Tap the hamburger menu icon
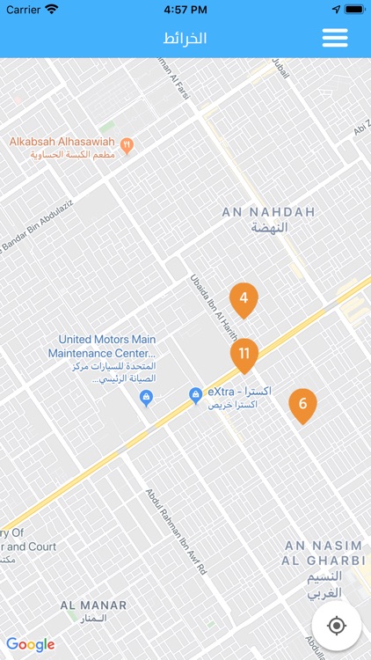pyautogui.click(x=335, y=38)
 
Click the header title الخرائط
pyautogui.click(x=185, y=39)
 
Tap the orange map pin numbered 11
pyautogui.click(x=244, y=354)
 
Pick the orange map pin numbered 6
pyautogui.click(x=302, y=404)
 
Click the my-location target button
pyautogui.click(x=336, y=626)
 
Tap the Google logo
pyautogui.click(x=31, y=644)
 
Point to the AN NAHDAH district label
pyautogui.click(x=268, y=219)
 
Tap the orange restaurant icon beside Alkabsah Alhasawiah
pyautogui.click(x=127, y=145)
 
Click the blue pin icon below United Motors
pyautogui.click(x=147, y=398)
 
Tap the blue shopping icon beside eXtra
pyautogui.click(x=196, y=397)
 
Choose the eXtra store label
pyautogui.click(x=239, y=398)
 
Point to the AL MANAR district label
pyautogui.click(x=93, y=612)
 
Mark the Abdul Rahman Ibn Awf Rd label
pyautogui.click(x=177, y=532)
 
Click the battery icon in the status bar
pyautogui.click(x=353, y=9)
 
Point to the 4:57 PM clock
pyautogui.click(x=185, y=9)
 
